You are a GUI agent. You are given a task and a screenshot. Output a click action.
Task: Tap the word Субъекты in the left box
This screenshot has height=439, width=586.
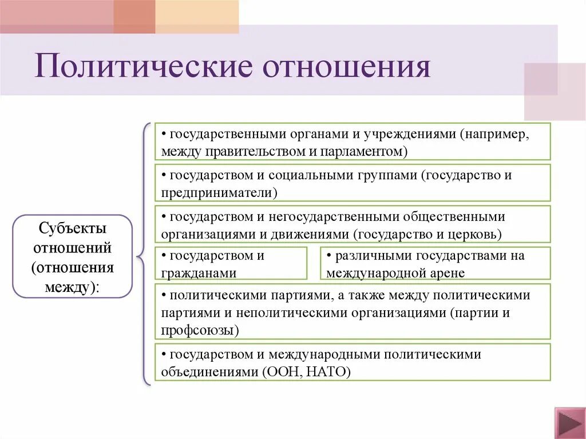72,228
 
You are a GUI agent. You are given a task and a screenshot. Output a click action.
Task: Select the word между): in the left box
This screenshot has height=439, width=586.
72,287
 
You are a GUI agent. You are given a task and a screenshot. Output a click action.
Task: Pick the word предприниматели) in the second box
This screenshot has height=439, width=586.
219,192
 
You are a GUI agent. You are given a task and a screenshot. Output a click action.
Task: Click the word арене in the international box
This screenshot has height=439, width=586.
449,274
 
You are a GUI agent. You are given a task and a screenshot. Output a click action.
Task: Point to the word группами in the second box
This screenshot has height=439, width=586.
390,176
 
